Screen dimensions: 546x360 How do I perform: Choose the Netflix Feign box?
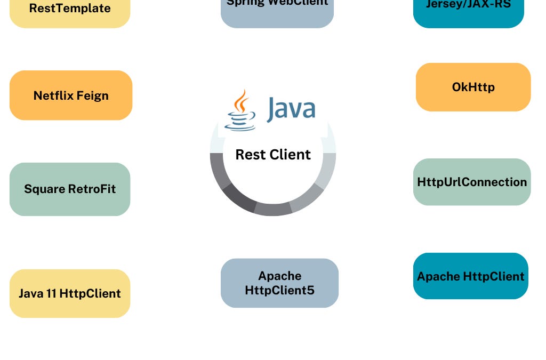pos(71,95)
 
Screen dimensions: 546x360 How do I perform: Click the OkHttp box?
pos(473,87)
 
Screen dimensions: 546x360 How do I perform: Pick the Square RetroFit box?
pos(70,189)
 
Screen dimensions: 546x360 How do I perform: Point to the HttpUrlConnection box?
pos(472,182)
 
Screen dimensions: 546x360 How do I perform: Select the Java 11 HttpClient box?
pos(70,293)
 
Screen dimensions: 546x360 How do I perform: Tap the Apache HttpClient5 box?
pos(279,283)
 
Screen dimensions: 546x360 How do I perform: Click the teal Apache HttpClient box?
pos(470,276)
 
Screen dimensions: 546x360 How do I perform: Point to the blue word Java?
pos(291,108)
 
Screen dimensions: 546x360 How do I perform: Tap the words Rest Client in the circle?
pos(273,155)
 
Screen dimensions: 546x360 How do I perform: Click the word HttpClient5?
pos(279,290)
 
